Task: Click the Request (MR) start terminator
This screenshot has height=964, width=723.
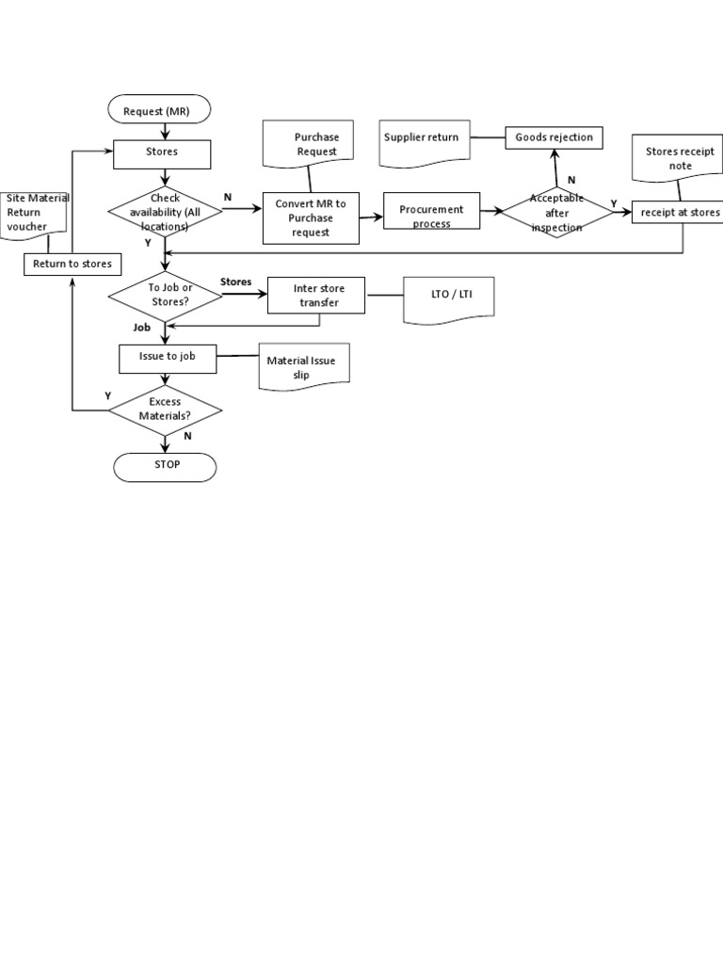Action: click(x=162, y=111)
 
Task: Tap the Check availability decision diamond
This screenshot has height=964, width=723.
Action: click(x=165, y=212)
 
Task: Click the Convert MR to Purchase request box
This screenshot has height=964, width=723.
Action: click(x=311, y=217)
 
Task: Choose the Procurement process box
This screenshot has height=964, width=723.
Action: click(x=431, y=216)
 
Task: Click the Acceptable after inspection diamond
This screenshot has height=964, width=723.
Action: click(x=556, y=213)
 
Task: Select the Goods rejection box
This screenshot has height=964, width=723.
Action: click(x=554, y=137)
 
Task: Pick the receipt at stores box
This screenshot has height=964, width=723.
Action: click(x=679, y=213)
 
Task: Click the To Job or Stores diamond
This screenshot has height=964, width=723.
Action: click(x=166, y=295)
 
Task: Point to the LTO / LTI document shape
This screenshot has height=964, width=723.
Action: click(x=446, y=299)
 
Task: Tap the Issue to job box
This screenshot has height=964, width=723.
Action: click(x=168, y=358)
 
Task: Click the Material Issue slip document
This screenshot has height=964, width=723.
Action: click(x=303, y=367)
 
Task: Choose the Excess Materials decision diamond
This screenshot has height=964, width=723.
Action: click(x=165, y=409)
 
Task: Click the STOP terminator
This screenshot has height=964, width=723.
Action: click(x=165, y=466)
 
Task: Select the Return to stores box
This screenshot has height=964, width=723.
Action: click(x=72, y=265)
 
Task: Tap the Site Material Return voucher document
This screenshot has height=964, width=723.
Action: click(x=37, y=213)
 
